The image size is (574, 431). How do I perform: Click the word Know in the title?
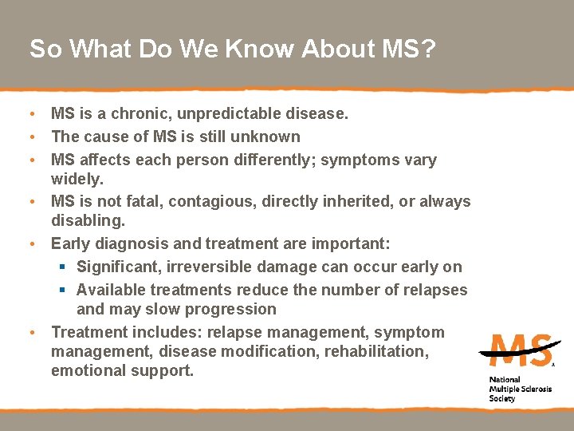tap(260, 49)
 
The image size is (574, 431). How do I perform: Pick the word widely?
tap(77, 179)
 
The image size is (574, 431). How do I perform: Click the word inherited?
tap(352, 201)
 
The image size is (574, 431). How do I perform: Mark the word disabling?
tap(85, 220)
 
